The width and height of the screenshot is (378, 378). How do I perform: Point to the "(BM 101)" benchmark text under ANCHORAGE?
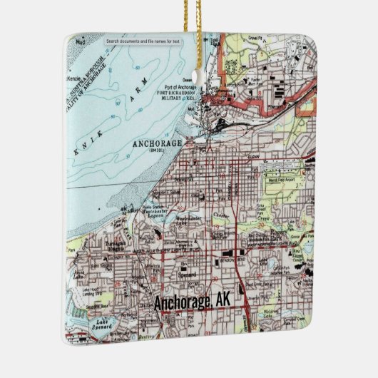(x=157, y=150)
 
